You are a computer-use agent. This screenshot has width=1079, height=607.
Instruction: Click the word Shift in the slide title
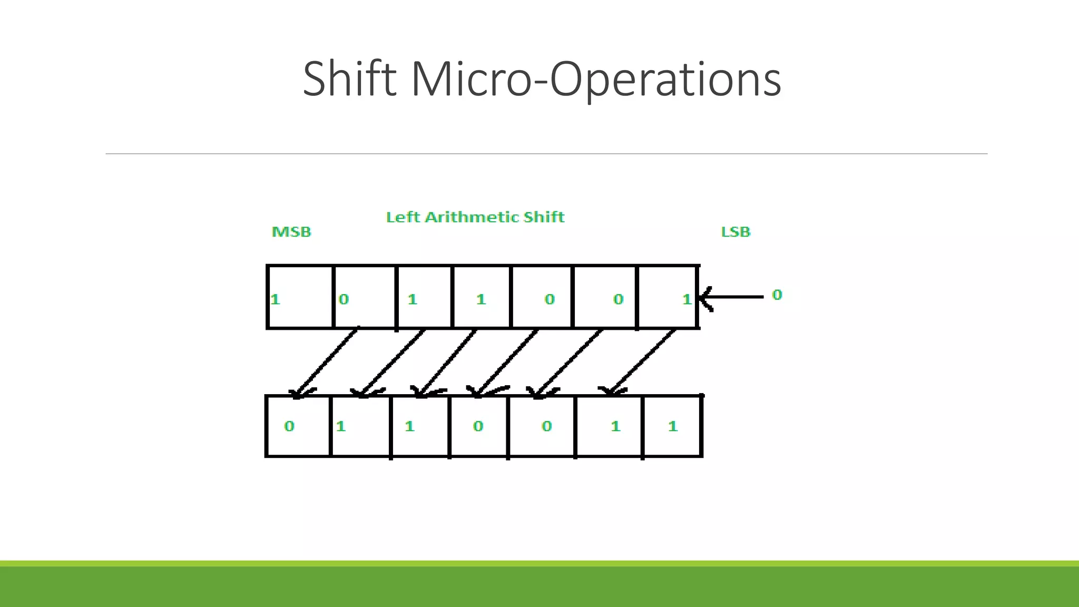(349, 79)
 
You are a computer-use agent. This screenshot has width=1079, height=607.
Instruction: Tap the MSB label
(291, 232)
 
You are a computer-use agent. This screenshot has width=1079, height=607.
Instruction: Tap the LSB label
(735, 232)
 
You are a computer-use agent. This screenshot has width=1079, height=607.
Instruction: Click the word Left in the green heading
(403, 217)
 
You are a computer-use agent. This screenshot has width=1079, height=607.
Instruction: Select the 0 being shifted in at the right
(777, 295)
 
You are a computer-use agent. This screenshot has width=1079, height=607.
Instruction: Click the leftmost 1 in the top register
(275, 299)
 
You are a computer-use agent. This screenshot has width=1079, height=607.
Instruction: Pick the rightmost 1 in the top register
(686, 299)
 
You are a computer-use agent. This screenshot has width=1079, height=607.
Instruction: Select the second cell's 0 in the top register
(344, 299)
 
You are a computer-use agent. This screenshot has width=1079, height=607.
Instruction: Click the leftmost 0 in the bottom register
(289, 426)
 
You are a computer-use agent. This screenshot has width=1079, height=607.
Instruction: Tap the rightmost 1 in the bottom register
(673, 426)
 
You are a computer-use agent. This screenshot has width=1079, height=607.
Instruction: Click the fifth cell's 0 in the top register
(550, 299)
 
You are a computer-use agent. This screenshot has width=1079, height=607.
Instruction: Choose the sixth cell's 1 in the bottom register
(615, 426)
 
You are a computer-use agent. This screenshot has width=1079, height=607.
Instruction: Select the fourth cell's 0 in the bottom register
(478, 426)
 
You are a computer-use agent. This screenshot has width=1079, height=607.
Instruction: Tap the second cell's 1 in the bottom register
(341, 426)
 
